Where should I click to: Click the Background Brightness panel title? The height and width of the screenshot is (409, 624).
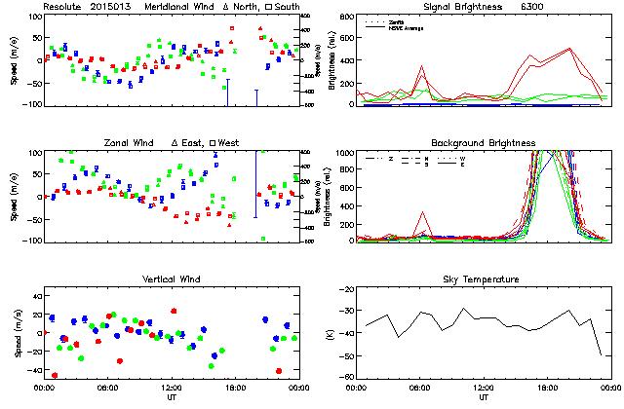[x=483, y=143]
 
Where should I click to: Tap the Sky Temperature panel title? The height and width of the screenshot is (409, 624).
[x=483, y=279]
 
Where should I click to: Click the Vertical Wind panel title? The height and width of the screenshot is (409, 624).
[x=171, y=279]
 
